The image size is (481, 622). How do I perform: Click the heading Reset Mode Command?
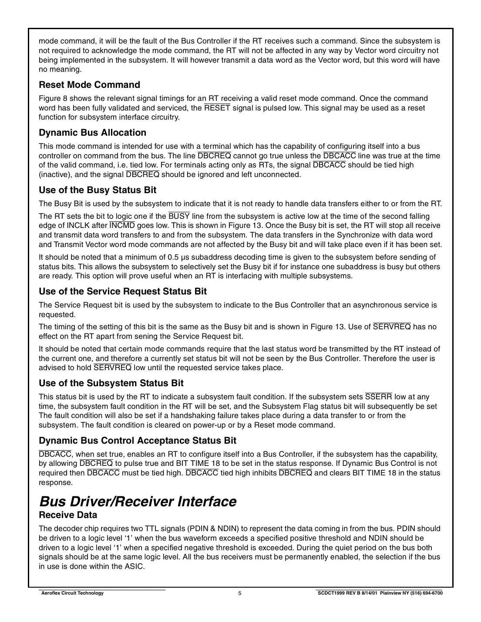[x=89, y=85]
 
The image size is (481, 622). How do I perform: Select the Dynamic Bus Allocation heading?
[x=92, y=133]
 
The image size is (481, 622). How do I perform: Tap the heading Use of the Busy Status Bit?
[x=98, y=190]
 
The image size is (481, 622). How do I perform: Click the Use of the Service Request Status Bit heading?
[x=123, y=291]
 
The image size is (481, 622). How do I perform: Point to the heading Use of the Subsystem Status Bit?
[x=111, y=383]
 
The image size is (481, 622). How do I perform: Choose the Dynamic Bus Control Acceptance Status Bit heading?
[x=138, y=441]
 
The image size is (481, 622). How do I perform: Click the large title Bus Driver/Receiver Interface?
[x=138, y=502]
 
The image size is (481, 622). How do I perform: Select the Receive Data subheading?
[x=68, y=515]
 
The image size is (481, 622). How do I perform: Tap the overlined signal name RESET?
[x=217, y=108]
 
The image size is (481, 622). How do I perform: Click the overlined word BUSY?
[x=179, y=216]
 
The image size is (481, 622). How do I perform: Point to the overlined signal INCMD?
[x=122, y=225]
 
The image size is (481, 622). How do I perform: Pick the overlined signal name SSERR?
[x=378, y=397]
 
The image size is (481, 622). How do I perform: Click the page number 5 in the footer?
[x=240, y=593]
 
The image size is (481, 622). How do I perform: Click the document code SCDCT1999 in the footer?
[x=332, y=593]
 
